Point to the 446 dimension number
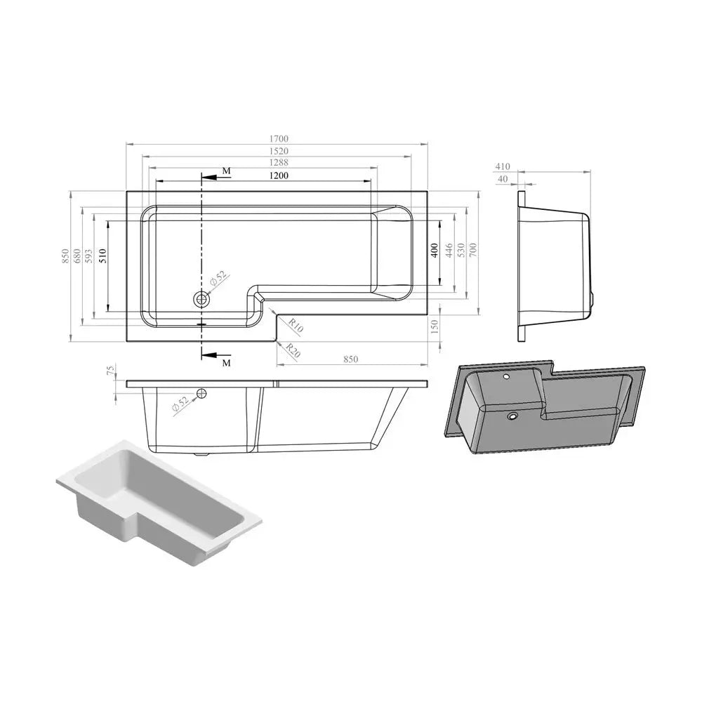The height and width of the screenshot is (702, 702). coord(449,251)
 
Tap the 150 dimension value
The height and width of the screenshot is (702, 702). coord(435,326)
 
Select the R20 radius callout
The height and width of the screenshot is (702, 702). coord(293,352)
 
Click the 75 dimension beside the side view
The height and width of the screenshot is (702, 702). coord(110,371)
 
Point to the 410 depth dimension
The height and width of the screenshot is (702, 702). coord(502,167)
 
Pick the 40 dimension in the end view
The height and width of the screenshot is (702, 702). coord(502,179)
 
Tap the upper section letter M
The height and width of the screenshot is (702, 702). coord(225,171)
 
